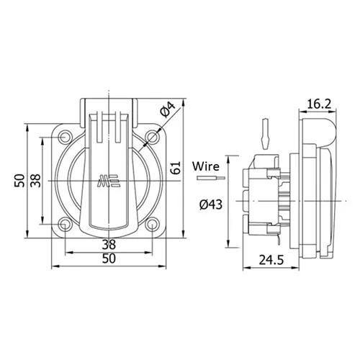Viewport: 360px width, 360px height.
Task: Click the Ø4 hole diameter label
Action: pos(169,109)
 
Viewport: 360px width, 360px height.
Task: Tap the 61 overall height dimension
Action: pos(176,168)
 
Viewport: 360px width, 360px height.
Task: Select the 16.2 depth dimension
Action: pos(319,104)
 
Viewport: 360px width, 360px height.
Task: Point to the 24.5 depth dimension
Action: pos(271,260)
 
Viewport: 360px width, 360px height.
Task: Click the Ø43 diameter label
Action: pos(211,204)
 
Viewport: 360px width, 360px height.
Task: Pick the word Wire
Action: pos(206,166)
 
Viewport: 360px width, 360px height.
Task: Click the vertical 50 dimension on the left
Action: pos(19,181)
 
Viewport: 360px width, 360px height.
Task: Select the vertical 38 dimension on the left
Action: pos(36,181)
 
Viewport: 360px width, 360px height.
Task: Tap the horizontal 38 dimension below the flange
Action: pos(109,244)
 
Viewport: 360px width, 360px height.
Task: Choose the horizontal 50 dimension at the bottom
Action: pos(109,258)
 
